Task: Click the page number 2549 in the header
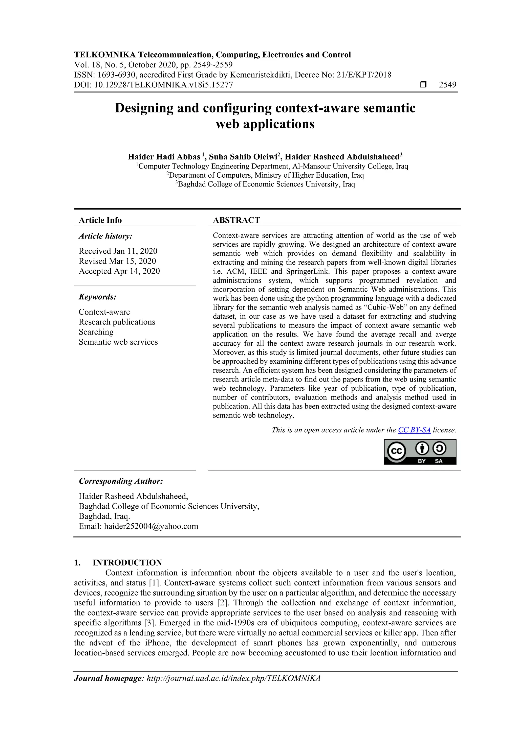click(x=447, y=85)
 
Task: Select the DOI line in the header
click(x=154, y=85)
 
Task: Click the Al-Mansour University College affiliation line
click(x=272, y=166)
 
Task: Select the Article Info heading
click(x=100, y=220)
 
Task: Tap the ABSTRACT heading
click(x=236, y=220)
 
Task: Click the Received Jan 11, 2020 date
click(x=118, y=251)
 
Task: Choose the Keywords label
click(x=98, y=297)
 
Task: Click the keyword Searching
click(x=96, y=332)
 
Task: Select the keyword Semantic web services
click(x=118, y=342)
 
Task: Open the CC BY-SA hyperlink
click(x=414, y=430)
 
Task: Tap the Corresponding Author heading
click(x=121, y=481)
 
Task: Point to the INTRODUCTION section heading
click(x=127, y=563)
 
